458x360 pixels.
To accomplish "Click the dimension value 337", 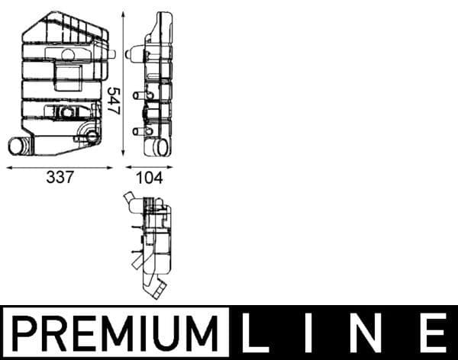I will (x=60, y=178).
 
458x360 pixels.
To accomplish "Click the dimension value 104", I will (x=150, y=178).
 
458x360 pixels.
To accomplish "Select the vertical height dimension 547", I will (x=115, y=99).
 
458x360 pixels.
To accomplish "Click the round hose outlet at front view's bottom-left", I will (x=18, y=145).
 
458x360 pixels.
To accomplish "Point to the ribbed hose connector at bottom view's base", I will (x=159, y=292).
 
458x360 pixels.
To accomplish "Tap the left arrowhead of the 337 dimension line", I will (x=8, y=166).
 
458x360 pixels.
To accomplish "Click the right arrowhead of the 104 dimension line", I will (x=172, y=166).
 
